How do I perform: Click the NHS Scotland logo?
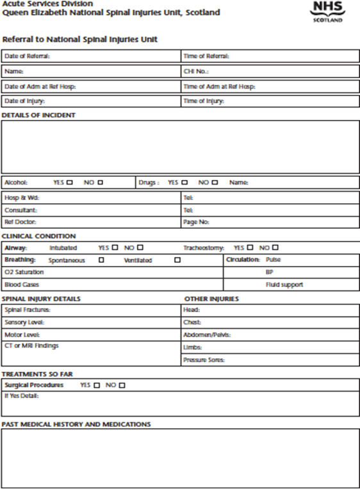click(328, 11)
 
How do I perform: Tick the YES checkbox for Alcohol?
click(69, 183)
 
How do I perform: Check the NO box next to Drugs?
click(215, 183)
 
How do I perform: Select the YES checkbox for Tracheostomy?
click(250, 247)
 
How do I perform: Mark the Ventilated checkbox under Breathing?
click(177, 260)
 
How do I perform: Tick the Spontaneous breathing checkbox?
click(101, 260)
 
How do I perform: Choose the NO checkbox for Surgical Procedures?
click(122, 385)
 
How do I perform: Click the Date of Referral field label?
click(27, 56)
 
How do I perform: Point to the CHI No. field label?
click(196, 71)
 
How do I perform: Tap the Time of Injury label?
click(204, 101)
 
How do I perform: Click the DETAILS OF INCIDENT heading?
click(38, 115)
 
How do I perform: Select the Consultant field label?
click(20, 210)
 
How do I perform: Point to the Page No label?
click(196, 222)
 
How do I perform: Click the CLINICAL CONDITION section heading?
click(38, 236)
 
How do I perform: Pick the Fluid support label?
click(284, 285)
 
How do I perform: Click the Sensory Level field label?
click(23, 322)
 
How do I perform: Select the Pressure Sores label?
click(204, 360)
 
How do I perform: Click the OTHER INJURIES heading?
click(211, 299)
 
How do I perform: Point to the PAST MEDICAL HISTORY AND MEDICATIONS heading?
click(76, 424)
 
